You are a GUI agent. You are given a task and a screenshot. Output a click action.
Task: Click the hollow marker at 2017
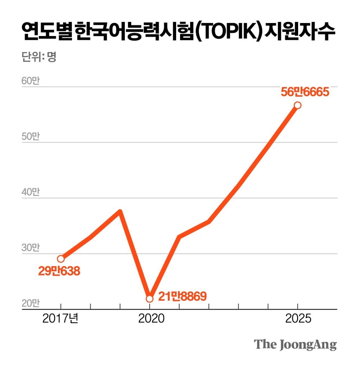pyautogui.click(x=61, y=259)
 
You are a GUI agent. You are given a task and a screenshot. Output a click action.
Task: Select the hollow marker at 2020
pyautogui.click(x=149, y=298)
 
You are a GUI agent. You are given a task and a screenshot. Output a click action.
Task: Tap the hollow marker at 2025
pyautogui.click(x=297, y=105)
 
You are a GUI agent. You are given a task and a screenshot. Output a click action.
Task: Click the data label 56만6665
pyautogui.click(x=305, y=92)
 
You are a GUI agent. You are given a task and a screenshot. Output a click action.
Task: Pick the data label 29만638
pyautogui.click(x=59, y=271)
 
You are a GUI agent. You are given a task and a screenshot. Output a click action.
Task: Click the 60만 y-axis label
pyautogui.click(x=30, y=81)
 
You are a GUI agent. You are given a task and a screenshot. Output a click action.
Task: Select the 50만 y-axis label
pyautogui.click(x=30, y=137)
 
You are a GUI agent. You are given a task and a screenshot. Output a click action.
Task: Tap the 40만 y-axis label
pyautogui.click(x=30, y=192)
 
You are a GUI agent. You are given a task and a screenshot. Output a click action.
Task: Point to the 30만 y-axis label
pyautogui.click(x=30, y=248)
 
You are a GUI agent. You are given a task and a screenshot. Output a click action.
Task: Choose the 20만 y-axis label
pyautogui.click(x=30, y=304)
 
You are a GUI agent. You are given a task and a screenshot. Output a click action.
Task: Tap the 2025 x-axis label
pyautogui.click(x=298, y=319)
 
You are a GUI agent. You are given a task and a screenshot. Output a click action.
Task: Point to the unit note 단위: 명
pyautogui.click(x=38, y=57)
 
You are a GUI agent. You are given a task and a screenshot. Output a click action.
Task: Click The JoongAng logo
pyautogui.click(x=295, y=344)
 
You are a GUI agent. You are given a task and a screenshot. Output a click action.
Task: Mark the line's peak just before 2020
pyautogui.click(x=120, y=211)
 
